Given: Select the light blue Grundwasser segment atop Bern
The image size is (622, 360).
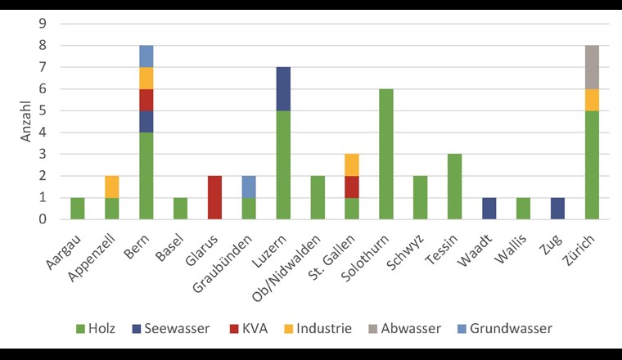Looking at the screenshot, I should pyautogui.click(x=146, y=56).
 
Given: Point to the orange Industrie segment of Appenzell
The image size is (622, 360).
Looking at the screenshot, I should pyautogui.click(x=111, y=187).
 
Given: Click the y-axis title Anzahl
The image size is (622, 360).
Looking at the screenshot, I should pyautogui.click(x=26, y=122).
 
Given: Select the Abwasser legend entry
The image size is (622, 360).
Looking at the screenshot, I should pyautogui.click(x=404, y=328).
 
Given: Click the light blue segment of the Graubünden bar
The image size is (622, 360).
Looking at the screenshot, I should pyautogui.click(x=248, y=187).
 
